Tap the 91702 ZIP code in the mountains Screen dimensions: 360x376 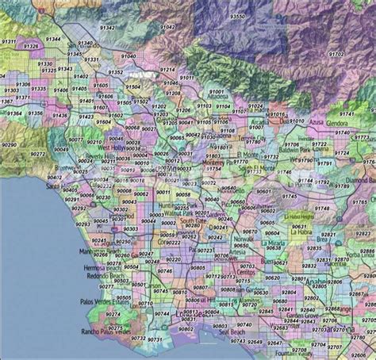(337, 53)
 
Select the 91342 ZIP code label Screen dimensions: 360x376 (106, 28)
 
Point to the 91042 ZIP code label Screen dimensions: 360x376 (169, 28)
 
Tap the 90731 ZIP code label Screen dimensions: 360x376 (137, 338)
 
